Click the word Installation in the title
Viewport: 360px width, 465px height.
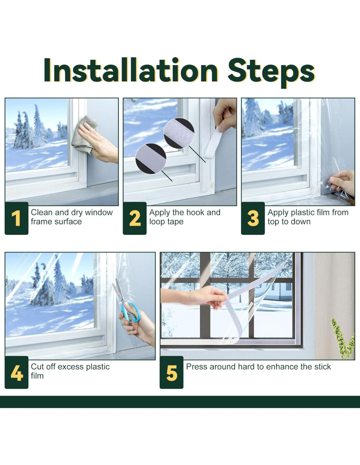(131, 70)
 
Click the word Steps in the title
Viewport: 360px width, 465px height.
(271, 73)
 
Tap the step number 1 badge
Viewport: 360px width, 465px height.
(16, 218)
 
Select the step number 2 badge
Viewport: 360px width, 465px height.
(135, 218)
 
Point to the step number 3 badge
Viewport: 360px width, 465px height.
(253, 218)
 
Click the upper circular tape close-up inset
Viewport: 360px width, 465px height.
(179, 133)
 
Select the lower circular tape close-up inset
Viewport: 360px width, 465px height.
(151, 159)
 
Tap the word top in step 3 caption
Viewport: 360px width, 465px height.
(273, 222)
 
